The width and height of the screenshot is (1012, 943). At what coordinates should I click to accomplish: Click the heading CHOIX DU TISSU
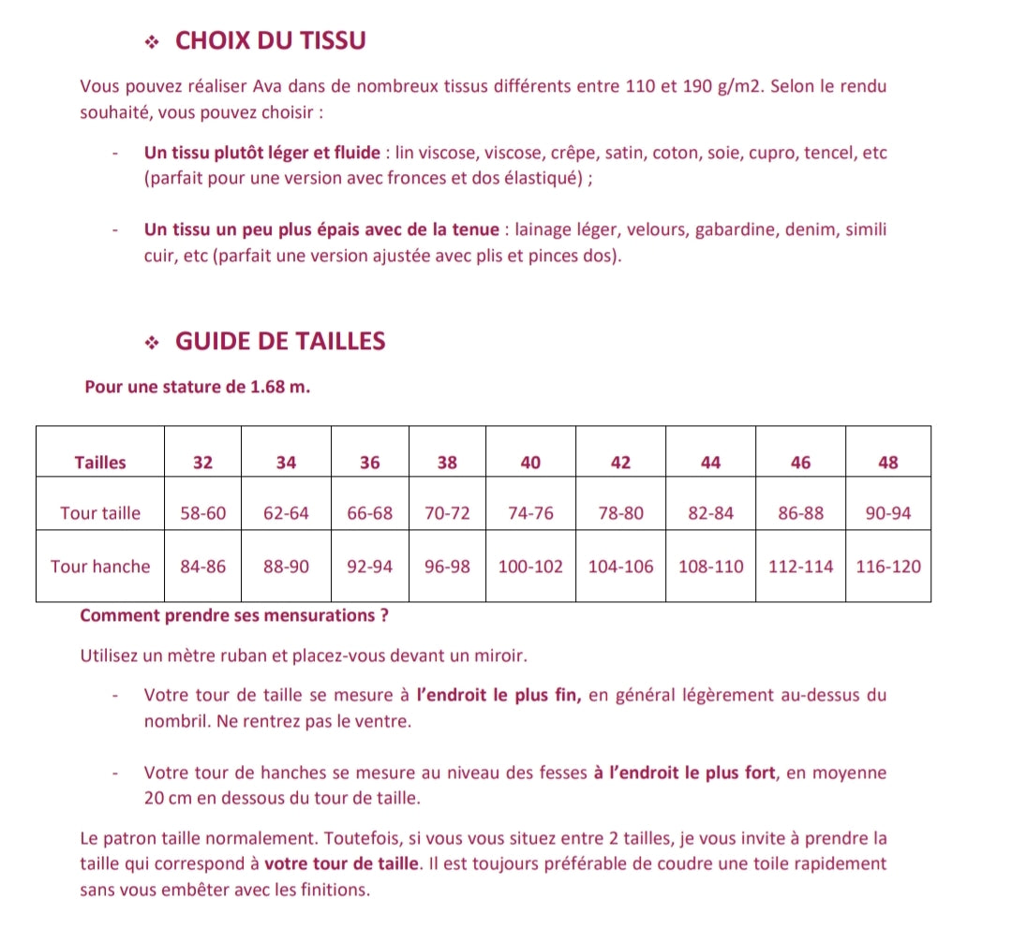[x=271, y=41]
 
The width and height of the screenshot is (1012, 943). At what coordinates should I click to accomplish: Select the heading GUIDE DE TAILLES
[x=280, y=341]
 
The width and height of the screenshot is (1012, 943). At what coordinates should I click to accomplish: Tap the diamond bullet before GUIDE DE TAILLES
[x=153, y=343]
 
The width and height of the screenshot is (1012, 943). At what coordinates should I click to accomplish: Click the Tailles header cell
[x=100, y=462]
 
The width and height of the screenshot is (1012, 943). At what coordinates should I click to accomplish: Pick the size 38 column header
[x=447, y=462]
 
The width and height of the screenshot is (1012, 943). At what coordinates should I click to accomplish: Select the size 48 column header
[x=888, y=462]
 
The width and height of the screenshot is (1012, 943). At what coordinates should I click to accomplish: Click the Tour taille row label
[x=100, y=513]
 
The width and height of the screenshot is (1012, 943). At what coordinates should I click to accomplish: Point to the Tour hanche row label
[x=100, y=567]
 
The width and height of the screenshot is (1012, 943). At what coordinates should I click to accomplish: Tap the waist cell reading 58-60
[x=203, y=513]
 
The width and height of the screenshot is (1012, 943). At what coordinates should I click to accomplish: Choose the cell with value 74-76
[x=531, y=513]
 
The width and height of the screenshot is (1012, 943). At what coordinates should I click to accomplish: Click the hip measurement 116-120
[x=888, y=567]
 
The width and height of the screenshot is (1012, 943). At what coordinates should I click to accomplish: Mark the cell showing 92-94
[x=370, y=567]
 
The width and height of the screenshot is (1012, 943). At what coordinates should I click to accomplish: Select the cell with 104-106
[x=620, y=567]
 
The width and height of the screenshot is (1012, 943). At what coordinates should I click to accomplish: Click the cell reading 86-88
[x=801, y=513]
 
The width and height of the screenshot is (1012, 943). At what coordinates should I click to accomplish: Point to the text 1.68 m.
[x=280, y=387]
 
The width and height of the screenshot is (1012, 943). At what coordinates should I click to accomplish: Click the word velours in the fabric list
[x=656, y=230]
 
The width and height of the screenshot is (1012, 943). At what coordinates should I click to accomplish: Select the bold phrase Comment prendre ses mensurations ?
[x=234, y=616]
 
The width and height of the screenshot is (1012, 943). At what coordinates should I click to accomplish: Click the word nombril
[x=171, y=723]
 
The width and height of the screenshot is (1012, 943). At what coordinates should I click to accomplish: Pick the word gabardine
[x=737, y=230]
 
